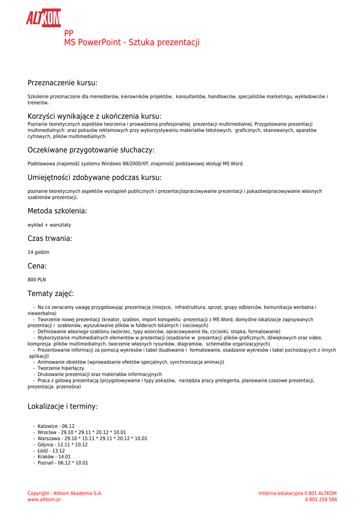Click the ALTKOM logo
[x=43, y=18]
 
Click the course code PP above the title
[x=69, y=33]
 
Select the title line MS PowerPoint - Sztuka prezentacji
[x=132, y=43]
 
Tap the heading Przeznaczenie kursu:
[x=62, y=83]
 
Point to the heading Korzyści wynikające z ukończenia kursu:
[x=94, y=116]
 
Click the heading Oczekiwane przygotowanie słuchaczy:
[x=91, y=150]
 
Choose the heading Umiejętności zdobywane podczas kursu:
[x=94, y=178]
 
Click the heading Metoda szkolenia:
[x=57, y=211]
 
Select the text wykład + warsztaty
[x=49, y=225]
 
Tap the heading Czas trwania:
[x=50, y=239]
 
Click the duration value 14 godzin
[x=38, y=252]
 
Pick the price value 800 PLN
[x=37, y=280]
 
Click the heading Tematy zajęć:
[x=51, y=294]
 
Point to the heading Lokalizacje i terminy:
[x=63, y=407]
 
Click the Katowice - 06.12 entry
[x=56, y=426]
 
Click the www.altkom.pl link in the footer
[x=44, y=499]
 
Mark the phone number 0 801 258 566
[x=321, y=499]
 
